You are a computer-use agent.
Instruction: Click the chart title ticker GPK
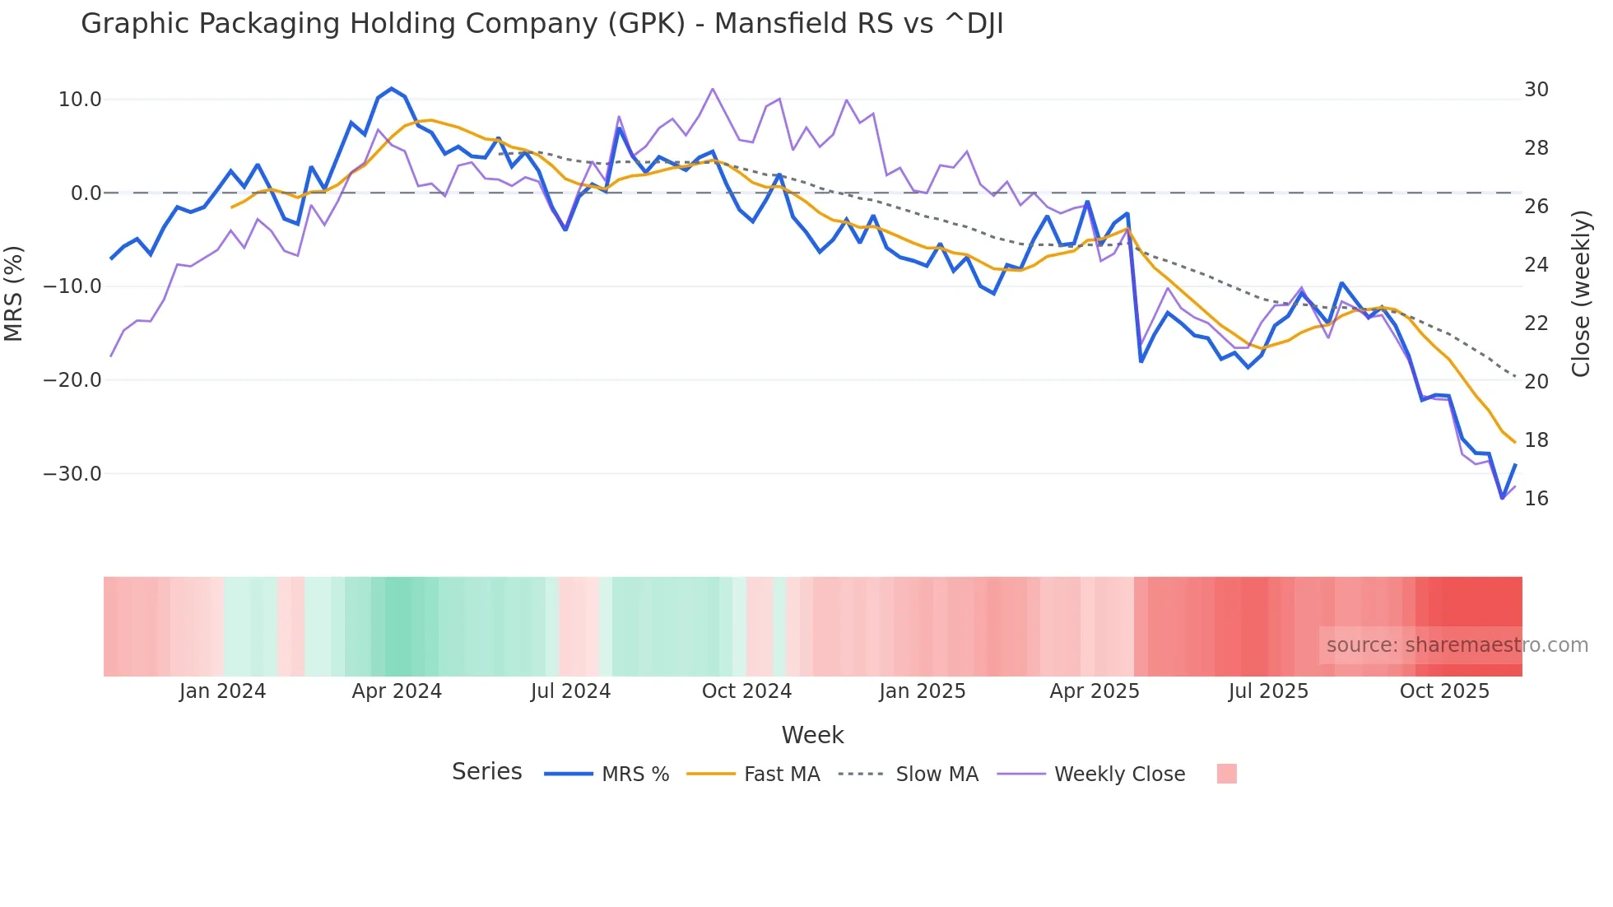coord(646,24)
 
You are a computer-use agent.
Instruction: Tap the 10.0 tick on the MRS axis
coord(80,100)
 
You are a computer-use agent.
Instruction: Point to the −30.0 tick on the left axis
coord(72,474)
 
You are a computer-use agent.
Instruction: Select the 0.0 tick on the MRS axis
coord(86,193)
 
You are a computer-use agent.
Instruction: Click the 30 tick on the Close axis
coord(1536,90)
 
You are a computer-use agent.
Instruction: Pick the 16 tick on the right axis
coord(1536,499)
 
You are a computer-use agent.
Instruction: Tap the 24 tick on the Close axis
coord(1536,265)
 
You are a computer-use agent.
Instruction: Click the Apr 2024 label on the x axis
coord(397,691)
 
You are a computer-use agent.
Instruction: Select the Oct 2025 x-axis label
coord(1444,691)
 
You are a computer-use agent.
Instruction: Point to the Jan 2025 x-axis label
coord(922,691)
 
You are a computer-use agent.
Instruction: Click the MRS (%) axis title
coord(14,293)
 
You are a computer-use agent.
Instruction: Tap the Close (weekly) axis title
coord(1580,293)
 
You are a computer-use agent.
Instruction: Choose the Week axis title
coord(812,735)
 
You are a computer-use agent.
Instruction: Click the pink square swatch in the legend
coord(1226,774)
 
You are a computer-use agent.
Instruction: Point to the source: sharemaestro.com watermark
coord(1457,645)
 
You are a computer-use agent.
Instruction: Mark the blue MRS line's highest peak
coord(391,89)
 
